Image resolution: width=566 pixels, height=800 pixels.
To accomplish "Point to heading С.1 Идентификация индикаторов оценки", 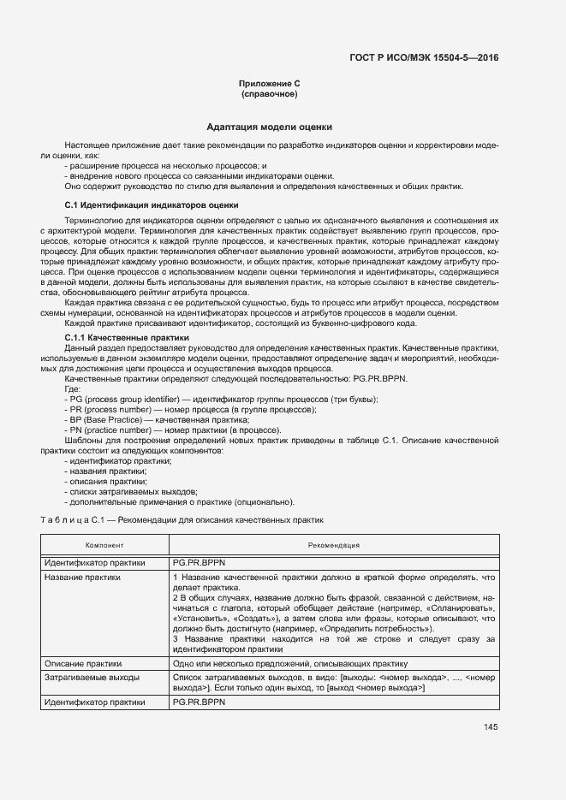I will click(152, 205).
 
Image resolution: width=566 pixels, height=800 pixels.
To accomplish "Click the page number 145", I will click(490, 728).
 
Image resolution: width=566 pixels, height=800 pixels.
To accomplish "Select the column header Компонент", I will click(104, 545).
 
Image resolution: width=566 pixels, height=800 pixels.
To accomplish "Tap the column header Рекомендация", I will click(334, 545).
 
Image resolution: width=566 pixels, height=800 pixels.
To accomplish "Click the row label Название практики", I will click(83, 578).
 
